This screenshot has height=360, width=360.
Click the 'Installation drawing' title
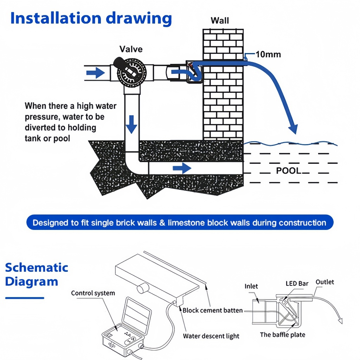point(91,19)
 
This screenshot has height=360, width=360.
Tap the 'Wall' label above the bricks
point(220,21)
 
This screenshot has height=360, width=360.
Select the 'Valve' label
point(131,49)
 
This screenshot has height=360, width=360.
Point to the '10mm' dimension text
point(268,54)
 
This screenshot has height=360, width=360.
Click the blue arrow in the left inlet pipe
point(96,73)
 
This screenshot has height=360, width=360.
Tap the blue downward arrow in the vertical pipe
point(131,124)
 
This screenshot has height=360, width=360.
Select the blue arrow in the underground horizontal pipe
point(182,168)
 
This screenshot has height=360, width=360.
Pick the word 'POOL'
point(288,171)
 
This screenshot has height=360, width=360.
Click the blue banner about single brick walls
point(180,222)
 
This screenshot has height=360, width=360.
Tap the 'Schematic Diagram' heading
point(37,275)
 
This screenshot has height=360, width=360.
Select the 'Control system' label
point(93,293)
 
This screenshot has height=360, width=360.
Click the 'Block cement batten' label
point(213,310)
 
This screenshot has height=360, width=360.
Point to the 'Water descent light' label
point(211,336)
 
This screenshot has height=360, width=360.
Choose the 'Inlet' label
point(251,286)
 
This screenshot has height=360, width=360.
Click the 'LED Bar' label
point(297,284)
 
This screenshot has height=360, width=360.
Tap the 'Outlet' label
point(324,282)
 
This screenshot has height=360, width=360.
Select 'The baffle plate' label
point(283,335)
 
